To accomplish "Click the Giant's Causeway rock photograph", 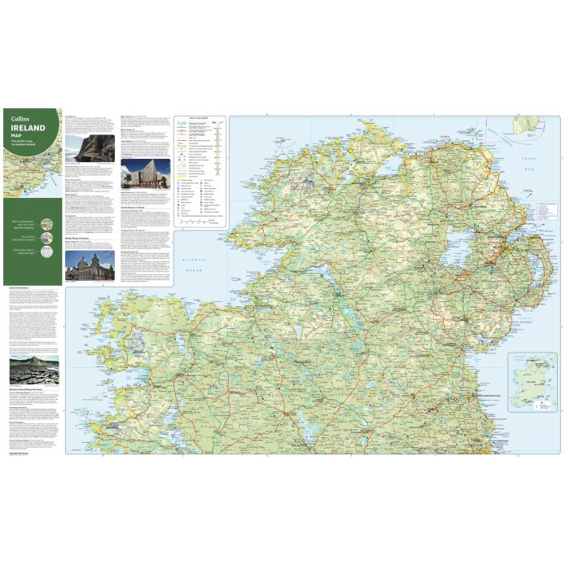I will (x=33, y=370).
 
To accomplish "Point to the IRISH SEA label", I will (x=530, y=160).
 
